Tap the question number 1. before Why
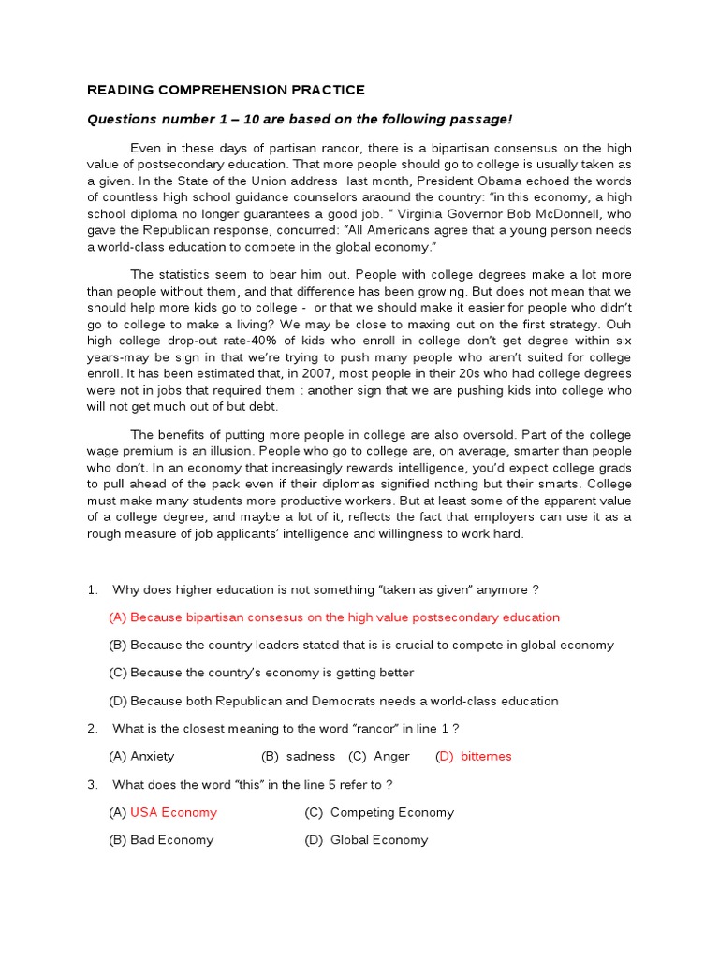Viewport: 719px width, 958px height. [x=93, y=589]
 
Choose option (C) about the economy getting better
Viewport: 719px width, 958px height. [x=261, y=673]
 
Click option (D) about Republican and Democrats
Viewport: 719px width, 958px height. [x=333, y=701]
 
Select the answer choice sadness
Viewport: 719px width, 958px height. [x=311, y=756]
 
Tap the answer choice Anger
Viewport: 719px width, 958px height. [x=393, y=756]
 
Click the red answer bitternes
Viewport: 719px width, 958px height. [x=486, y=756]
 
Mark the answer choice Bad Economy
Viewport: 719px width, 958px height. [x=171, y=840]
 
